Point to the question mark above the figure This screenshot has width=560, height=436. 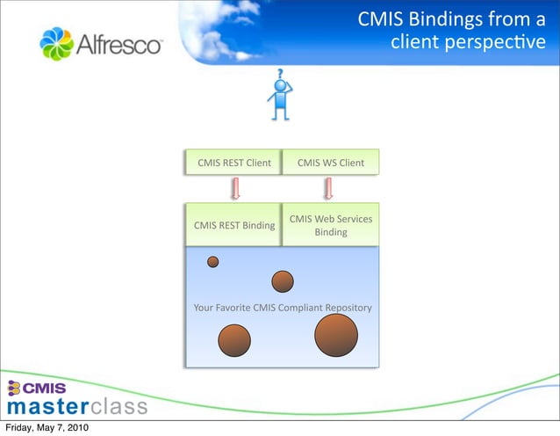[x=280, y=74]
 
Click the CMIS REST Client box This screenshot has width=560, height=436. [x=233, y=163]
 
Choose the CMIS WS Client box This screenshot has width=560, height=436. [x=330, y=163]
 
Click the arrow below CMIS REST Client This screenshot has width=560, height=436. [x=235, y=188]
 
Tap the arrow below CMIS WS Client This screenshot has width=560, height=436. [x=329, y=188]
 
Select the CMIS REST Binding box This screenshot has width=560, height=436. [x=233, y=226]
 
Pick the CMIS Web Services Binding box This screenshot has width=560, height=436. [x=330, y=225]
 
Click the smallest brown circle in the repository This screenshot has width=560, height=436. [x=212, y=261]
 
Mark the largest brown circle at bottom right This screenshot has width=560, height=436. [x=336, y=336]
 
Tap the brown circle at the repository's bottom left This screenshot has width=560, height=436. [x=234, y=340]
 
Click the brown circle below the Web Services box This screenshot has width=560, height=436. [x=282, y=281]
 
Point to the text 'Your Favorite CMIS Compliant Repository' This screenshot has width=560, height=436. [x=282, y=308]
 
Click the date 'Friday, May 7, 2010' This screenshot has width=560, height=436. [x=45, y=428]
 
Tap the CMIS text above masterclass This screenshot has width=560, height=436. [x=44, y=389]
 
